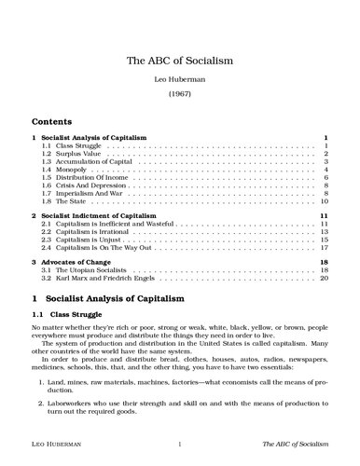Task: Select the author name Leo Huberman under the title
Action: pos(179,81)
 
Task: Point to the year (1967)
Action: pos(179,96)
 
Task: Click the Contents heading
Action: pos(53,122)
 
